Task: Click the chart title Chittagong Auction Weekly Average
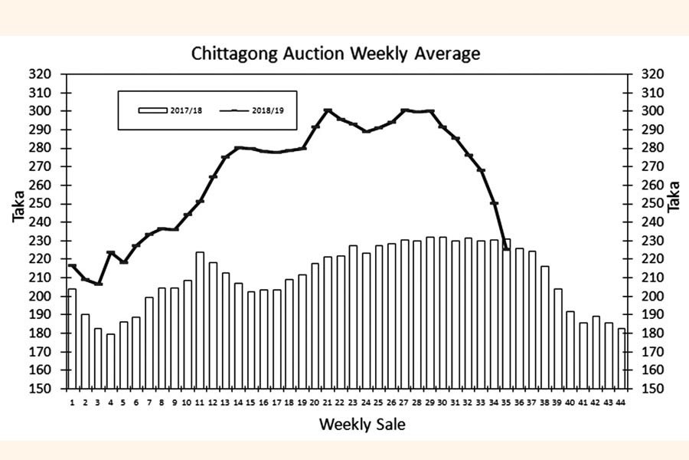(x=335, y=54)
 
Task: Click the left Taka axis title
(x=18, y=207)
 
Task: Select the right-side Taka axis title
(x=674, y=196)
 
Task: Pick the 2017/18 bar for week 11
(x=200, y=320)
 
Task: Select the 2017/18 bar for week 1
(x=72, y=338)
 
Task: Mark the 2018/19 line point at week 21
(x=328, y=111)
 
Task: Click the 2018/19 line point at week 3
(x=98, y=284)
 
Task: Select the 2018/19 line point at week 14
(x=238, y=148)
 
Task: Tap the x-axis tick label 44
(x=621, y=402)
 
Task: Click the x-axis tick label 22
(x=340, y=402)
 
